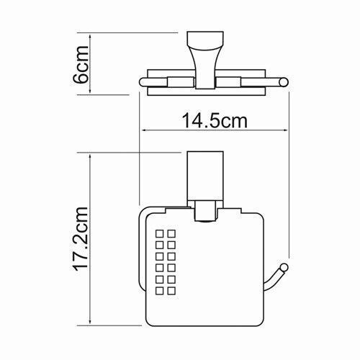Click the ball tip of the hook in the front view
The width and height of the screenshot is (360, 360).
287,269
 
